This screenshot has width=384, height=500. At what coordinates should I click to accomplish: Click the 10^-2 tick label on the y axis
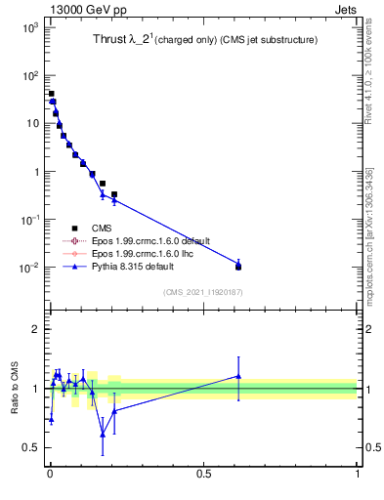coord(27,268)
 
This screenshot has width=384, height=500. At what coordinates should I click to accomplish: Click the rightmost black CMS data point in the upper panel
coord(238,267)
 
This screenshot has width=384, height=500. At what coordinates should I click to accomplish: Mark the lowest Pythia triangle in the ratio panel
coord(103,435)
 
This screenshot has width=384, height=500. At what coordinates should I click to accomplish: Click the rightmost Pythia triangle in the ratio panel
coord(238,376)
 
